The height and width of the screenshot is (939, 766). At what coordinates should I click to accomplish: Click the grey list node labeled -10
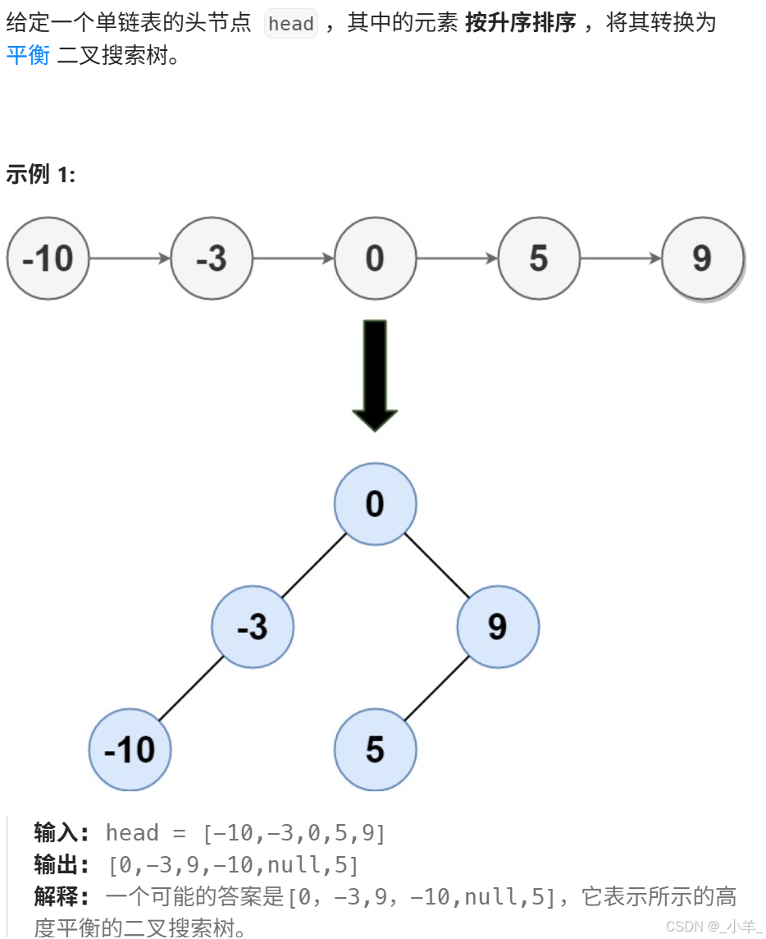(48, 259)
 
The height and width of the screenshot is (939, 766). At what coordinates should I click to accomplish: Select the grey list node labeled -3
(212, 259)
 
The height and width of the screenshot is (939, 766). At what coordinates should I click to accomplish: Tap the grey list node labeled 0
(375, 259)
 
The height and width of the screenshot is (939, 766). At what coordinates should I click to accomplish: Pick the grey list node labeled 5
(539, 259)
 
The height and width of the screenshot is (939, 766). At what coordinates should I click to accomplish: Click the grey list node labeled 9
(703, 259)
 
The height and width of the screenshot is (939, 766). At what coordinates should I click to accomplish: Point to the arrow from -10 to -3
(130, 259)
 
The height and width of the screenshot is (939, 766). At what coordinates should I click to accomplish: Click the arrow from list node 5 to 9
(621, 259)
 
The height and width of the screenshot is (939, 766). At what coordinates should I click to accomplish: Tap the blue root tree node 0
(375, 504)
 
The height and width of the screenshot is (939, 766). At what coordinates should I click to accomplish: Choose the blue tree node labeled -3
(253, 627)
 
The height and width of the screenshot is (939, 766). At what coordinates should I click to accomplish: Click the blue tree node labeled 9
(498, 627)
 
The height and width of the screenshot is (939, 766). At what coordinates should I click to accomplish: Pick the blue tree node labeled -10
(130, 750)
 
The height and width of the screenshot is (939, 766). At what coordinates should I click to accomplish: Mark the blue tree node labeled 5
(375, 750)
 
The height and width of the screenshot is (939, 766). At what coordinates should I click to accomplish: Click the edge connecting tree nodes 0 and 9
(436, 566)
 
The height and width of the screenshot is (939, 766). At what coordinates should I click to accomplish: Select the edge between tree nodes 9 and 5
(436, 689)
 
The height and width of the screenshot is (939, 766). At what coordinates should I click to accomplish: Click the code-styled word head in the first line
(291, 24)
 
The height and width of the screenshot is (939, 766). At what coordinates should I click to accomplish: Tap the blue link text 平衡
(28, 56)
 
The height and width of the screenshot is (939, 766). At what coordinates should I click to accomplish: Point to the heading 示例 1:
(40, 174)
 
